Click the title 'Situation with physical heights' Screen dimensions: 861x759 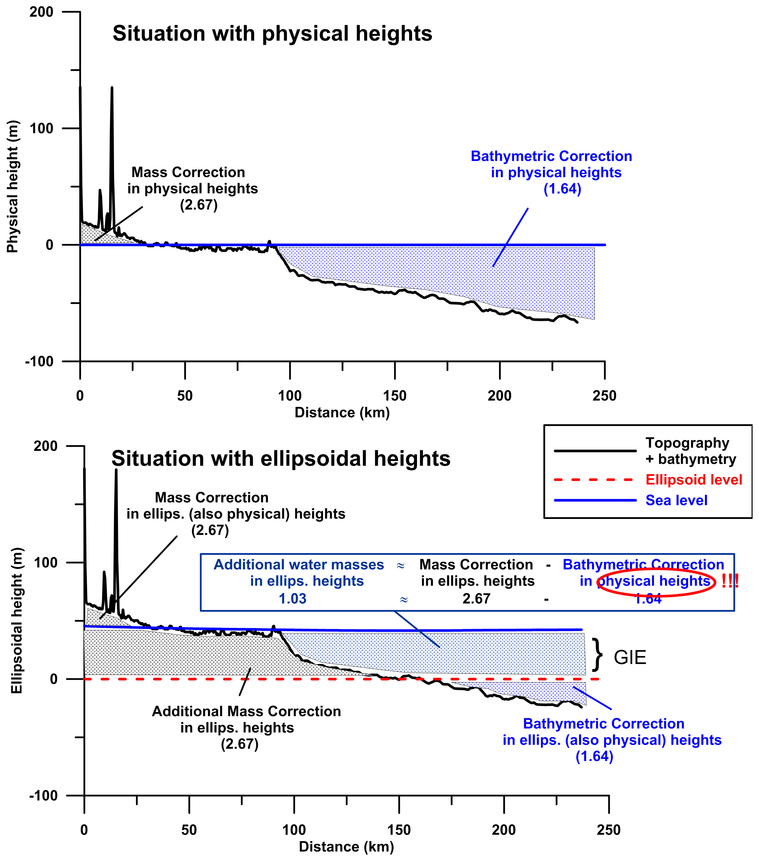click(x=272, y=34)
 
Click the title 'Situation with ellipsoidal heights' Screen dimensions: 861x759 click(x=281, y=459)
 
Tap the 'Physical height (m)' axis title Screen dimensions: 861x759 click(x=13, y=186)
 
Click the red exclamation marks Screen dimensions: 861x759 click(x=730, y=581)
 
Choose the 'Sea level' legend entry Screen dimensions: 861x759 click(x=676, y=500)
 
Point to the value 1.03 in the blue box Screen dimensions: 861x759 click(x=292, y=598)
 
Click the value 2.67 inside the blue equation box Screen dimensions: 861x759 click(x=476, y=598)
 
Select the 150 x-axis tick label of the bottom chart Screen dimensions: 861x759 click(x=399, y=830)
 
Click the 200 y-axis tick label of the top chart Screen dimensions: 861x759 click(x=41, y=12)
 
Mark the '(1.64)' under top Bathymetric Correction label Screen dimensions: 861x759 click(x=562, y=189)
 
